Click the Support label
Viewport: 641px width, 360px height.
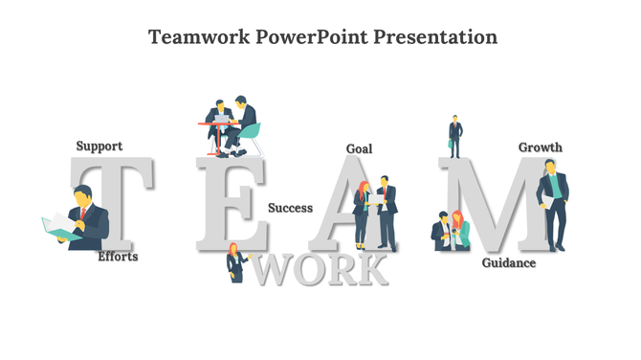coord(99,146)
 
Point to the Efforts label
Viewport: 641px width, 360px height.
coord(118,257)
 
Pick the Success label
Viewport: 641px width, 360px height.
coord(290,208)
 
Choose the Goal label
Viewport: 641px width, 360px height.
coord(359,149)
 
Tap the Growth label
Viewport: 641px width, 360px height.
coord(541,147)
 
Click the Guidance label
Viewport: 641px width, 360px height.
coord(508,263)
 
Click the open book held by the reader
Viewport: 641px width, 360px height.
coord(59,228)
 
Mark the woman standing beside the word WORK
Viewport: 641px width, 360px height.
coord(234,261)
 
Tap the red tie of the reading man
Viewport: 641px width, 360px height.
coord(82,213)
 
